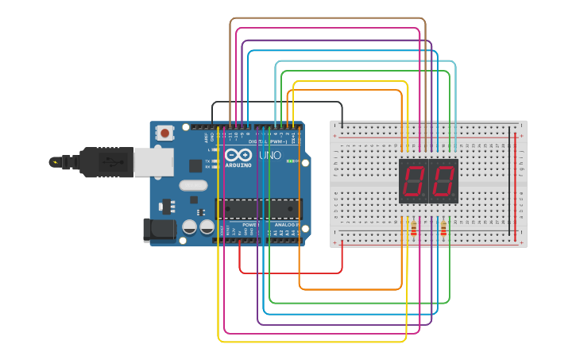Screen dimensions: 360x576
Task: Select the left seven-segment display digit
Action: pos(413,181)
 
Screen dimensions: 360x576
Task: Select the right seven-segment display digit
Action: pos(443,181)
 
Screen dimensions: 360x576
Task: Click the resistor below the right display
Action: pos(443,230)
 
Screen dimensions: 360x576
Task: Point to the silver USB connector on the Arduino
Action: pos(153,161)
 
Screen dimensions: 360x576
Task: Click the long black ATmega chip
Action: pos(259,208)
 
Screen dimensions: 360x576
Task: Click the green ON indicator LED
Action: pos(291,161)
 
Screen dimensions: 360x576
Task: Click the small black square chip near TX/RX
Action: pos(195,165)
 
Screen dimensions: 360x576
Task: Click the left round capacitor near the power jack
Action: pos(190,227)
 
